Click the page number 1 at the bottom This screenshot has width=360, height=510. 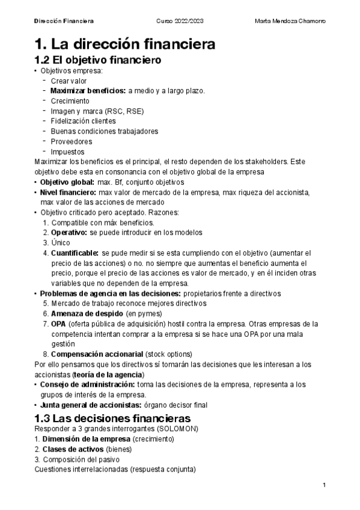coord(324,485)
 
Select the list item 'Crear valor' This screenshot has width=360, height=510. coord(69,81)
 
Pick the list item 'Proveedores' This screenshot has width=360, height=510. coord(72,142)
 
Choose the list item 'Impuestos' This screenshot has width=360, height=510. coord(67,152)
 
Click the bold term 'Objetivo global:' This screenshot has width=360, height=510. coord(67,182)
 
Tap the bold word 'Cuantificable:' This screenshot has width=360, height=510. coord(75,253)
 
